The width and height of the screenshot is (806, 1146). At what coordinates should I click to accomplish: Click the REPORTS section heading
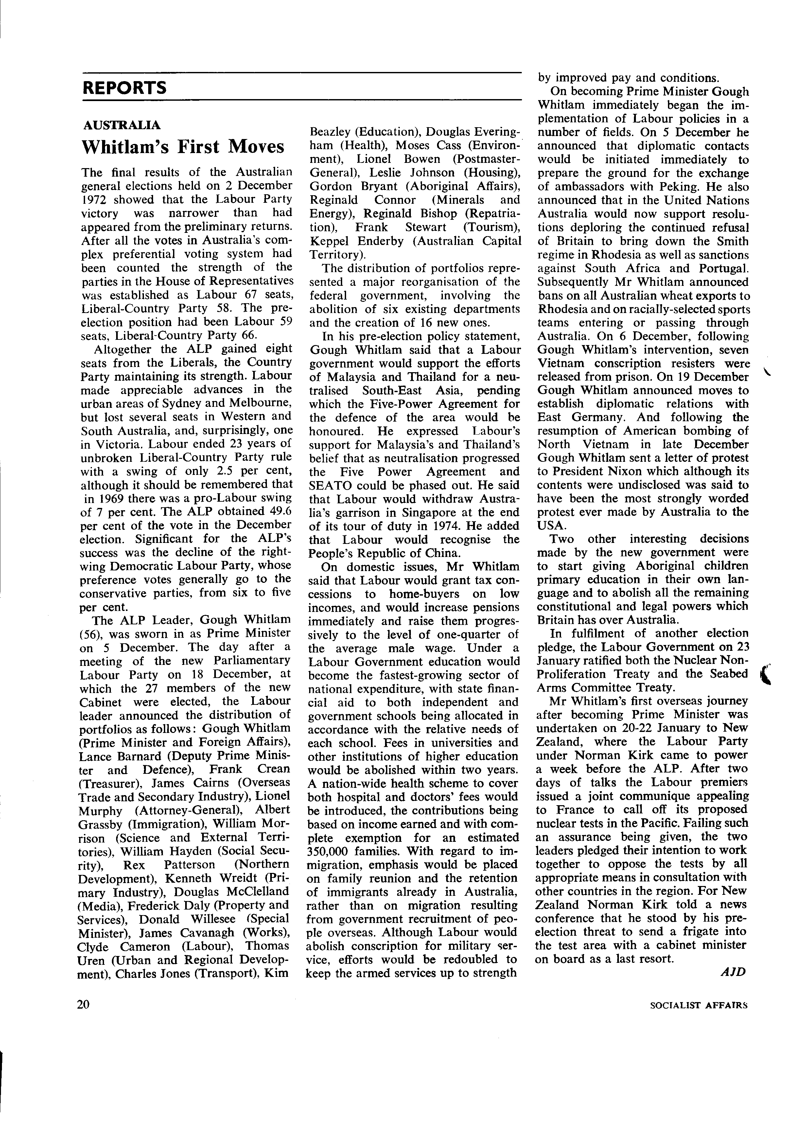[124, 88]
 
